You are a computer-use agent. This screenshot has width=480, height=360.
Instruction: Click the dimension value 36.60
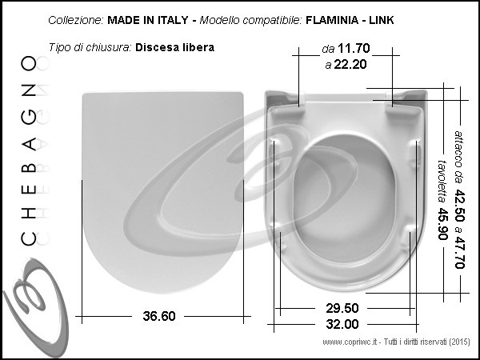coord(159,316)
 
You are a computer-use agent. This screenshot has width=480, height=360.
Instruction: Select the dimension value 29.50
coord(342,308)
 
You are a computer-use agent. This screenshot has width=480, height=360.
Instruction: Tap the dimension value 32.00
coord(342,324)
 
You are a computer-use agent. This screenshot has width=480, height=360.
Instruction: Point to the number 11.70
coord(354,48)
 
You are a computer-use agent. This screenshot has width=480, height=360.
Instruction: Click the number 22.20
coord(350,64)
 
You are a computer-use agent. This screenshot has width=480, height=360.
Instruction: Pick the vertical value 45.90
coord(442,224)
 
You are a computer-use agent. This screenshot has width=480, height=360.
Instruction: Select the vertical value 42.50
coord(459,205)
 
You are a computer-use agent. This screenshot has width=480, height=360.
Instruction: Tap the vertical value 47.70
coord(459,252)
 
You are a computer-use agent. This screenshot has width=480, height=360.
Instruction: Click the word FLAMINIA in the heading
coord(332,20)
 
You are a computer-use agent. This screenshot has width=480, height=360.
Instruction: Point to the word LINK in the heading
coord(381,20)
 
